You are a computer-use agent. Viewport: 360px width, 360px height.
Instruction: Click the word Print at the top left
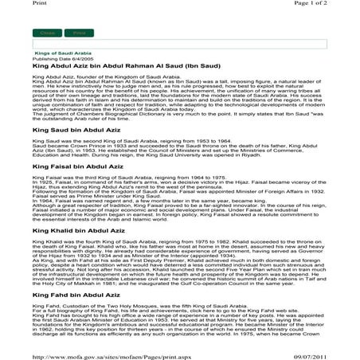[10, 5]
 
